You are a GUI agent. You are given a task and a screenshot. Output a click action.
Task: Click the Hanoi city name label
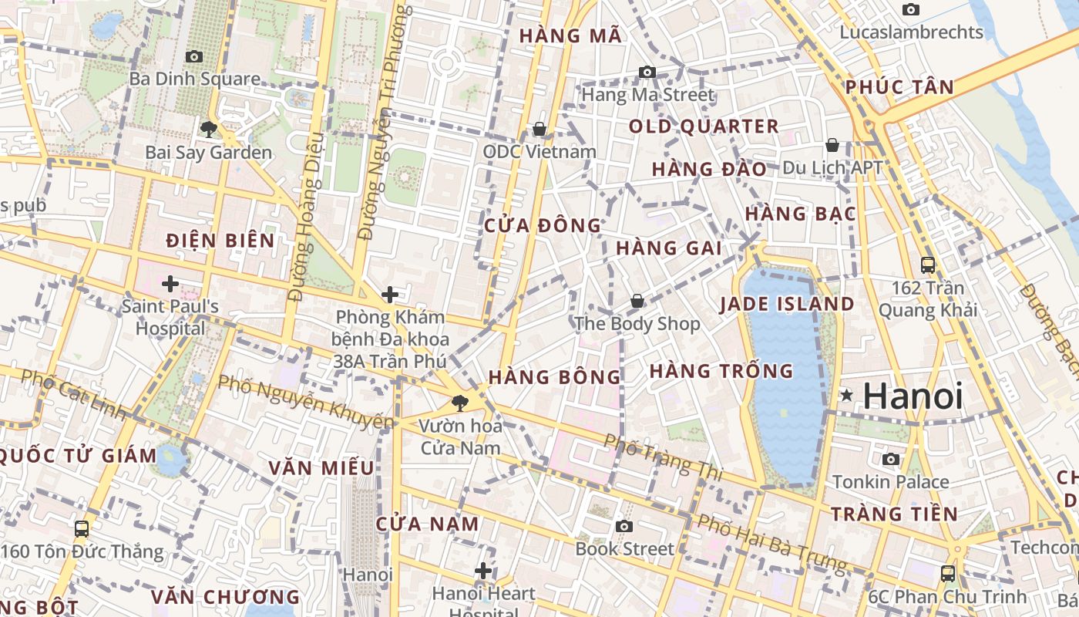coord(913,396)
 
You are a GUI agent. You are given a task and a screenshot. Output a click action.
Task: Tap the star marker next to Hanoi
coord(847,396)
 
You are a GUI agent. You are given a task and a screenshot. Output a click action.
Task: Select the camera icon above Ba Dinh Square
coord(194,56)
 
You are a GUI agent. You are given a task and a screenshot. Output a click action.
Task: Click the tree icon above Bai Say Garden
coord(208,129)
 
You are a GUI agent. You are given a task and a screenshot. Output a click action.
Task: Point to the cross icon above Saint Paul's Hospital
coord(170,284)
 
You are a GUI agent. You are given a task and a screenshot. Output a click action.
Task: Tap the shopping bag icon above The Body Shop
coord(637,301)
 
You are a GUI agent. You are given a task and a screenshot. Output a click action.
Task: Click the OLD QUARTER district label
coord(704,126)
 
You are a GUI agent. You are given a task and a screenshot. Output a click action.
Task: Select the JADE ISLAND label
coord(787,304)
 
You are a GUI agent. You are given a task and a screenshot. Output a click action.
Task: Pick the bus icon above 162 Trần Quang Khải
coord(928,265)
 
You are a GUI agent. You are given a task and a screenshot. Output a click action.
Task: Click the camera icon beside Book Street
coord(624,526)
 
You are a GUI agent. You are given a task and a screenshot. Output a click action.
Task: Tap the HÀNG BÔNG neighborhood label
coord(554,377)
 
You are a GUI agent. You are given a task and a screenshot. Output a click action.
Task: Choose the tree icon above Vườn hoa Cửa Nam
coord(459,402)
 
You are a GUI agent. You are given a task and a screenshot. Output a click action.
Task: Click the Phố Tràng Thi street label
coord(664,457)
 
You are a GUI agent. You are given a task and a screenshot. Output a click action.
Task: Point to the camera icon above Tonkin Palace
coord(891,460)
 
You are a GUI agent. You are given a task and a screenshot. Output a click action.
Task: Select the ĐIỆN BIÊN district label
coord(220,241)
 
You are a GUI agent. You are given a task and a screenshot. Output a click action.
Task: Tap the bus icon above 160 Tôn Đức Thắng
coord(82,529)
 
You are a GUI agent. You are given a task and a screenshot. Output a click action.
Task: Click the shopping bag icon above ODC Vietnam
coord(539,129)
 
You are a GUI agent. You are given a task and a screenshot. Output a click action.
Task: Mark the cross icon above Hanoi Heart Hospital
coord(483,571)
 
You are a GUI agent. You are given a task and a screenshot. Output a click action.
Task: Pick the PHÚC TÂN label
coord(899,87)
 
